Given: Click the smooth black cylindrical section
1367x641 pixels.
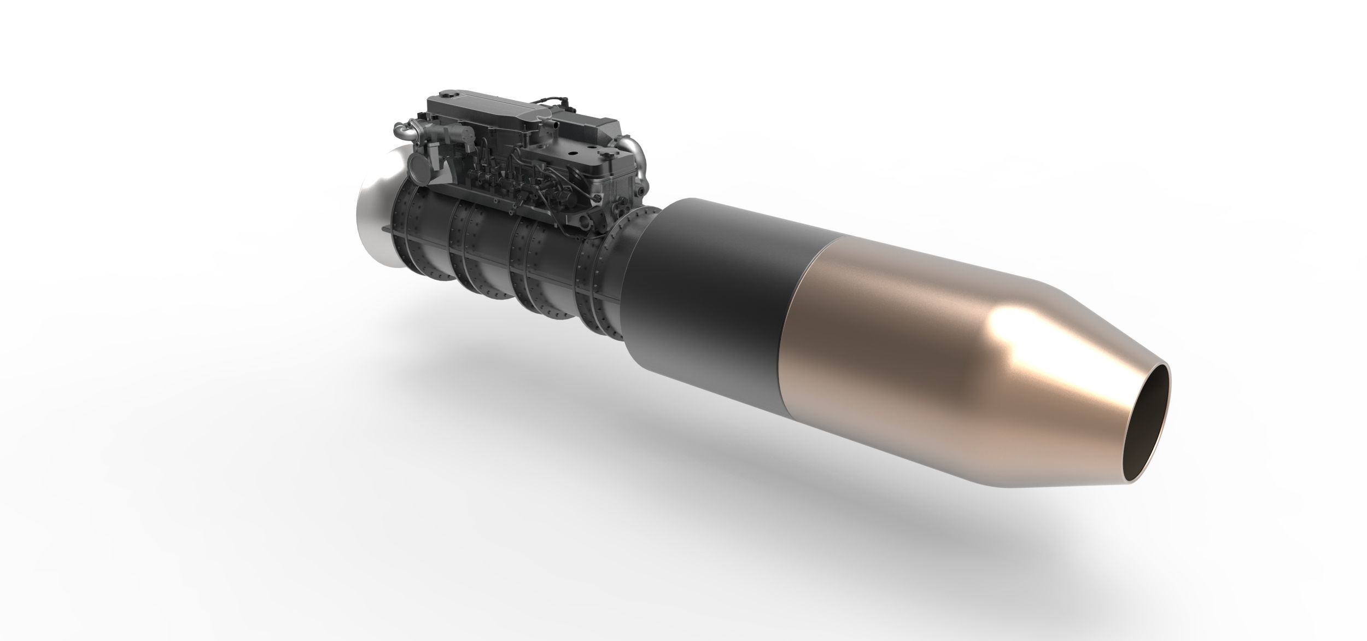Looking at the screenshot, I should pos(711,284).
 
